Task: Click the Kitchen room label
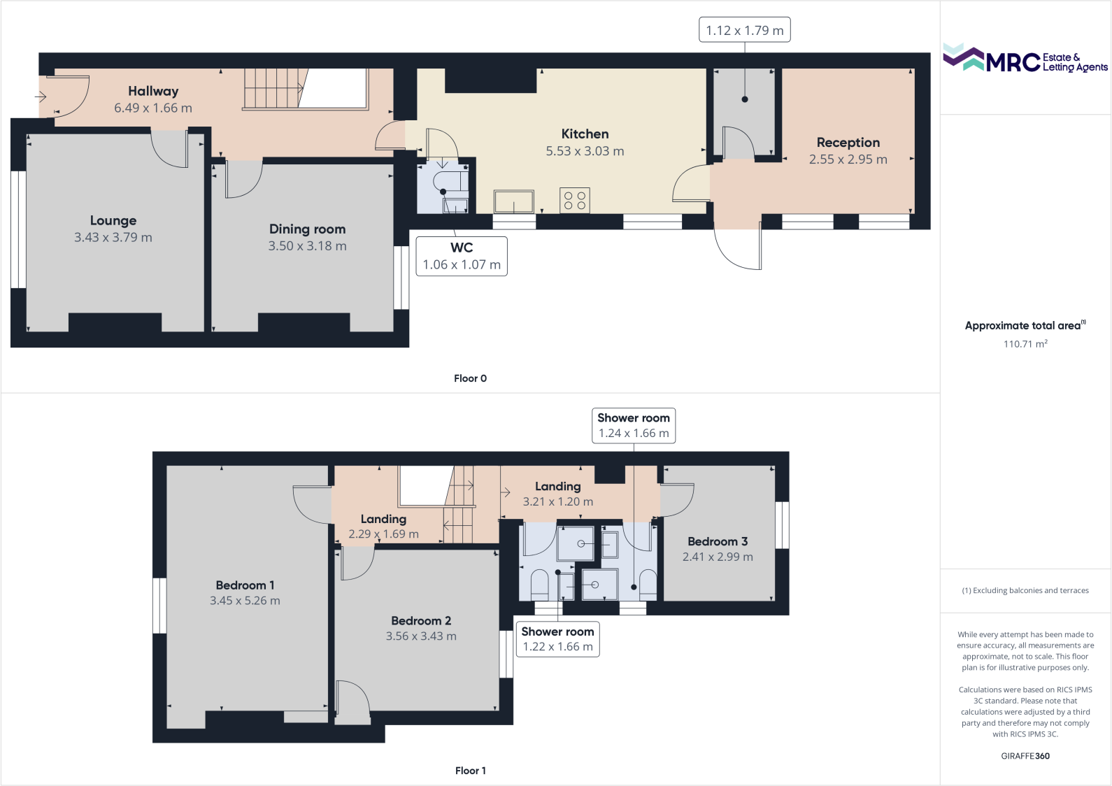(585, 134)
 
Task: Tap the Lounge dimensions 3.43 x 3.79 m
(113, 238)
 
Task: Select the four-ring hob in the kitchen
(575, 201)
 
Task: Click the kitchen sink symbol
(514, 201)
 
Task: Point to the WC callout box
(462, 256)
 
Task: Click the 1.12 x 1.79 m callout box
(744, 30)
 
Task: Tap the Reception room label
(848, 143)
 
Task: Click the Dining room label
(307, 229)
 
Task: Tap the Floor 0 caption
(470, 378)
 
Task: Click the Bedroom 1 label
(245, 585)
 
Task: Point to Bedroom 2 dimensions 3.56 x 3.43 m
(421, 636)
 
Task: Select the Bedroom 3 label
(718, 542)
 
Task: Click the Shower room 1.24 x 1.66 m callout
(634, 425)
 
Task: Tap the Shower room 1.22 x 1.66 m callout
(557, 638)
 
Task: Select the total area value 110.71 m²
(1025, 344)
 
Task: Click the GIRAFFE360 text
(1025, 756)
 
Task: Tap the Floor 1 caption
(470, 771)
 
